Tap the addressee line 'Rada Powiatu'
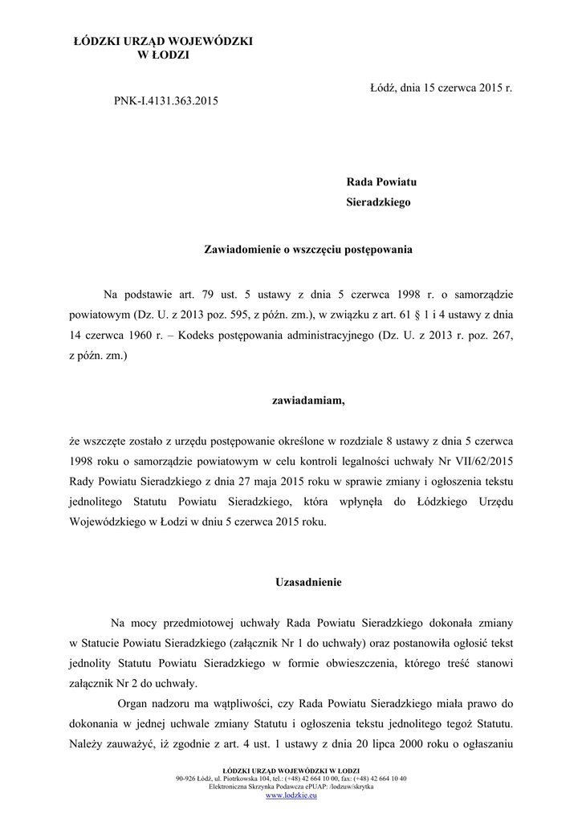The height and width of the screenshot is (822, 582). click(381, 182)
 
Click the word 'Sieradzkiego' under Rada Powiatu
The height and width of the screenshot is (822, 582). click(377, 202)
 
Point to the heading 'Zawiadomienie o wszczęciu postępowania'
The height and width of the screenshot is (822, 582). click(309, 250)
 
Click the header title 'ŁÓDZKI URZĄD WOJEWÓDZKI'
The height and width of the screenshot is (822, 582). click(163, 40)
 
